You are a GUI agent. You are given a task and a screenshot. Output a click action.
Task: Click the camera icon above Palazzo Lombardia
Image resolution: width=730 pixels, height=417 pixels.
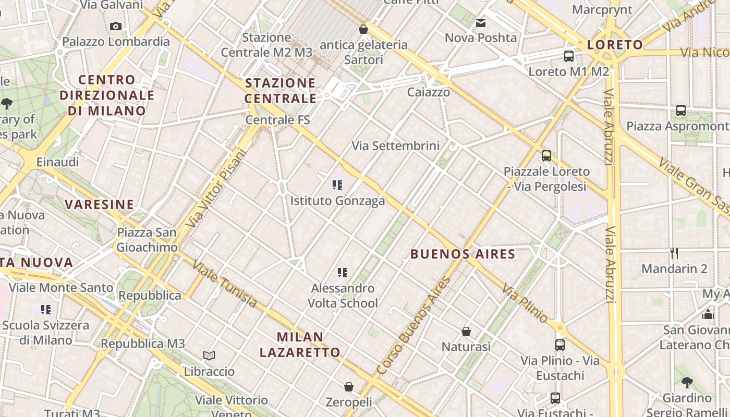point(116,26)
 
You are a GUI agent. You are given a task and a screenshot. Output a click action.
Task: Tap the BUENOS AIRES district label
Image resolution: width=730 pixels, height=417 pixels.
point(463,254)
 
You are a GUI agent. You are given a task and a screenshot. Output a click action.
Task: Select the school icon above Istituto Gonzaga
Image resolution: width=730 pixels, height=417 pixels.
point(337,185)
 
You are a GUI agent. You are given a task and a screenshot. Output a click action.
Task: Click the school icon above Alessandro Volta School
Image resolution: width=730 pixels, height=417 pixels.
point(342,272)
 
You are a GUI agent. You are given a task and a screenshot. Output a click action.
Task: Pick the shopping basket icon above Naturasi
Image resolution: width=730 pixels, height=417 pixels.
point(466,332)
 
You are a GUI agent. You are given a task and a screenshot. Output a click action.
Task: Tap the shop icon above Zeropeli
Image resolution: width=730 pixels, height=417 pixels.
point(349,387)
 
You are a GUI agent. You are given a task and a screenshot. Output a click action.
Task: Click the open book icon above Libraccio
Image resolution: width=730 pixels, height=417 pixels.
point(209,355)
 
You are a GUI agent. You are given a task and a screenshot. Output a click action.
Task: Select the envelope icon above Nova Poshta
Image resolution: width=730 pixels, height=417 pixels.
point(481,23)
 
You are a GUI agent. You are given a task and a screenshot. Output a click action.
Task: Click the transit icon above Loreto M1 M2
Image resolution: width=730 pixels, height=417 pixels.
point(569,56)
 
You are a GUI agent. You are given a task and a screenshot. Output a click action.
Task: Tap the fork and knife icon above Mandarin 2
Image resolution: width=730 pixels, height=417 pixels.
point(674,253)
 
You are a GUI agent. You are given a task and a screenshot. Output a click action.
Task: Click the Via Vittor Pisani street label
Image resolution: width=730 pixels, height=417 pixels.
point(215,189)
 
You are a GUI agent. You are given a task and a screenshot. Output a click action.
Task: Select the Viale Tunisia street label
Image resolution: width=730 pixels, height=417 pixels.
point(224,284)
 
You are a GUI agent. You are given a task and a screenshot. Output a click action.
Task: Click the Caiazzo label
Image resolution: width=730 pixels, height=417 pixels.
point(429,92)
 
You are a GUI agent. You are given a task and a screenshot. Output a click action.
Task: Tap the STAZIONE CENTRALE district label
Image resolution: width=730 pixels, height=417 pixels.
point(281,91)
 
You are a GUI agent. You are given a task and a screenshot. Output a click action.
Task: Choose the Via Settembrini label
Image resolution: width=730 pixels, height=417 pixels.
point(396,146)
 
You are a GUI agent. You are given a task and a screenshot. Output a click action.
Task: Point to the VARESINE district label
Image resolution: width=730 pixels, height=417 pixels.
point(100,204)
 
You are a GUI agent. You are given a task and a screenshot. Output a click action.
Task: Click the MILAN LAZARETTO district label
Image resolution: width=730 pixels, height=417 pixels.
point(300,345)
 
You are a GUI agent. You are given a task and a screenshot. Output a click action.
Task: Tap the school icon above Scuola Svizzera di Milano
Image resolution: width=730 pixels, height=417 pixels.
point(46,310)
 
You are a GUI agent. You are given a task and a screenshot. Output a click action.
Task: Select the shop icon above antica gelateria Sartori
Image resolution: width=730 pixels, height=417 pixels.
point(363,29)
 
